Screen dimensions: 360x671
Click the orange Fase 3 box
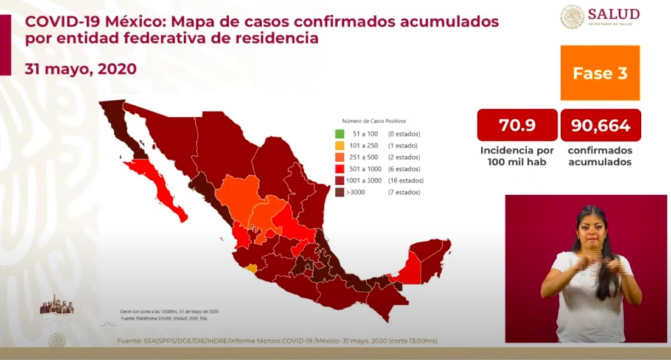[600, 73]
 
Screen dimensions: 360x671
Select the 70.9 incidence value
[517, 125]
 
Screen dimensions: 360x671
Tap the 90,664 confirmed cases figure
[600, 125]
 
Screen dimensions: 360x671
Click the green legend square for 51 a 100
[339, 134]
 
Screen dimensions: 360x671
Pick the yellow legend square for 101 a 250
[339, 145]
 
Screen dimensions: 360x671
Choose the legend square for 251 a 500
[339, 157]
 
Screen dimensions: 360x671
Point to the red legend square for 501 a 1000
[339, 168]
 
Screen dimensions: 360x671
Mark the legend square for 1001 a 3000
[339, 181]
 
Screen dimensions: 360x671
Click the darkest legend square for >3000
[339, 192]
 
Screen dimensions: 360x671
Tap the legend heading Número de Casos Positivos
[374, 121]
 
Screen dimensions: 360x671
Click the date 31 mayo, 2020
[80, 69]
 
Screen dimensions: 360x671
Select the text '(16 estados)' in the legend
[405, 181]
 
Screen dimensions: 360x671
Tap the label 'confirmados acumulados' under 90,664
[600, 156]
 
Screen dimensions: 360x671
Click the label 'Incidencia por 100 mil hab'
[517, 156]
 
